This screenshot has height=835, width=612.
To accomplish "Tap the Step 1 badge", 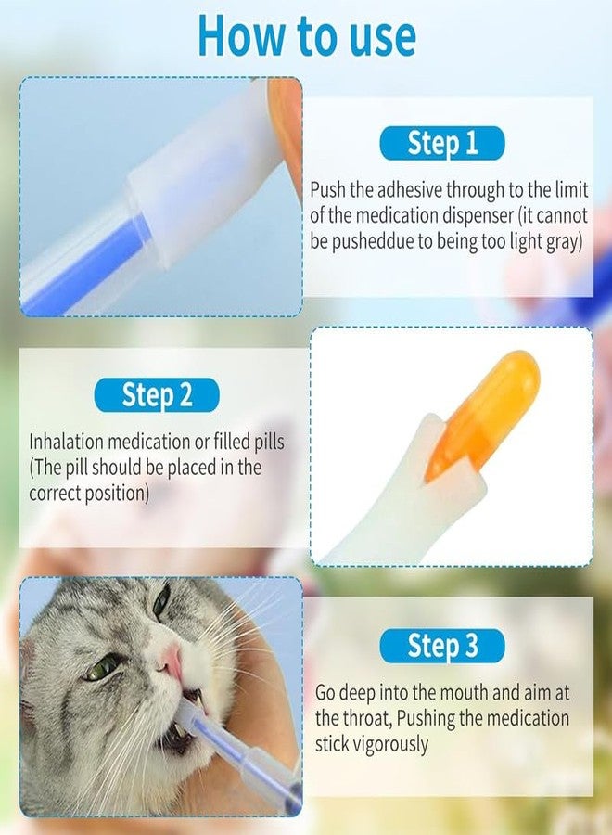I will (x=442, y=143).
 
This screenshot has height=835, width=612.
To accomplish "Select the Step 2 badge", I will (x=157, y=395).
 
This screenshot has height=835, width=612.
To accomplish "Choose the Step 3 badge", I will (x=442, y=646).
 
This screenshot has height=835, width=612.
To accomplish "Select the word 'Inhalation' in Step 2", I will (x=70, y=441).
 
